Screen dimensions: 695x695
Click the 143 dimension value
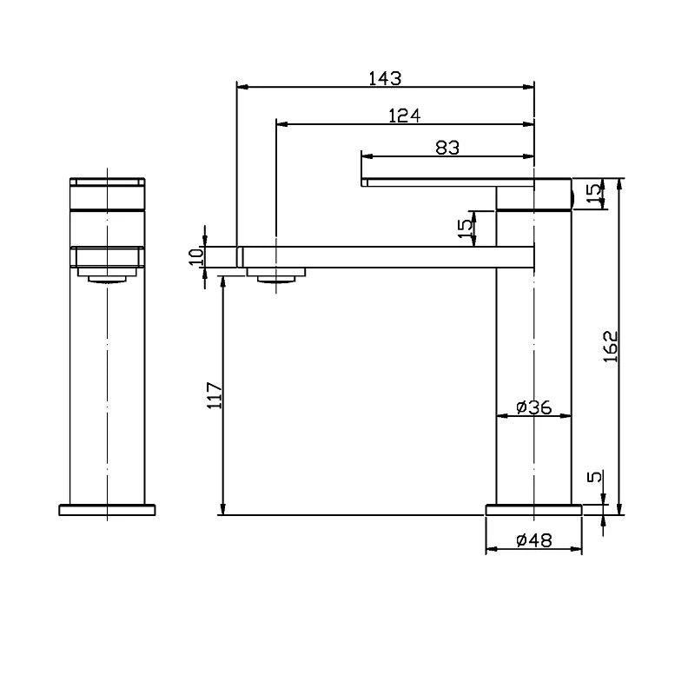[x=385, y=78]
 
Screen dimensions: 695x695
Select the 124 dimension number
[x=404, y=116]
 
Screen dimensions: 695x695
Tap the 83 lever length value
[x=447, y=148]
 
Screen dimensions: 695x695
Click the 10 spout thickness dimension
[x=196, y=256]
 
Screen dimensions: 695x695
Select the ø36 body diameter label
[x=533, y=407]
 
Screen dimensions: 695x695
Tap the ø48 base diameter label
[x=533, y=540]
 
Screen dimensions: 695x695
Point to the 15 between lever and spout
[x=467, y=228]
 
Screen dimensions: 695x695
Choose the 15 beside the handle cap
[x=594, y=195]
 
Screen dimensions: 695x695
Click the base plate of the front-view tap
[x=107, y=510]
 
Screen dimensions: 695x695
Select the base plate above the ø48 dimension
[x=533, y=509]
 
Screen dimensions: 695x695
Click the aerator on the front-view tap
[x=107, y=276]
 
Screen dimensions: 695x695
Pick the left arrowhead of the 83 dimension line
[x=366, y=156]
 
